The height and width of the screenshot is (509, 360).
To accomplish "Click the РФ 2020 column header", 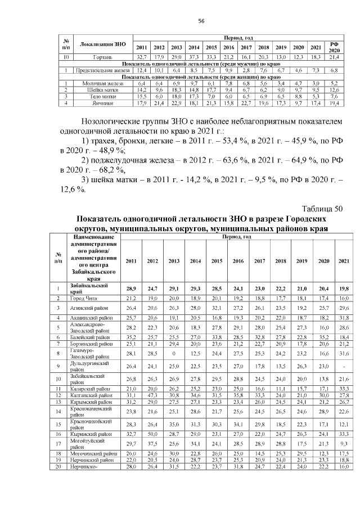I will (x=334, y=47).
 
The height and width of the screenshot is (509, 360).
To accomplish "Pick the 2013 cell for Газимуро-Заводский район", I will (x=174, y=353).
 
